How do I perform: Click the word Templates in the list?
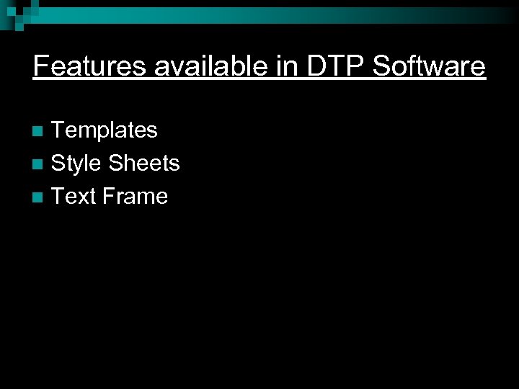[x=105, y=130]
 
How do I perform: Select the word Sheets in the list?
[x=143, y=164]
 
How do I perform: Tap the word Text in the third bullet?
[x=74, y=196]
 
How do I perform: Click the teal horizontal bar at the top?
[x=288, y=15]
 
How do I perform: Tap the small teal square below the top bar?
[x=19, y=27]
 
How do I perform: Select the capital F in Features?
[x=40, y=67]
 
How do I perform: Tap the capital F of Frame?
[x=109, y=196]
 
